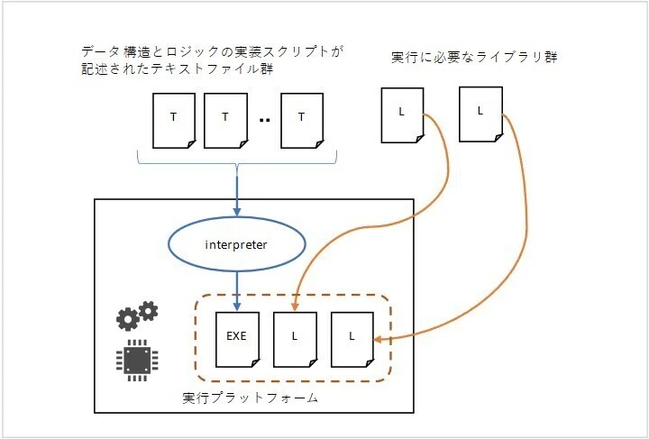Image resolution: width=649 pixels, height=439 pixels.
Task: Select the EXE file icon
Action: [x=238, y=339]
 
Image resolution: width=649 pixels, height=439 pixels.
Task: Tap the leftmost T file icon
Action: [x=174, y=121]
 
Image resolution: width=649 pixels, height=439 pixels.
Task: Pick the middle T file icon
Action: [x=226, y=121]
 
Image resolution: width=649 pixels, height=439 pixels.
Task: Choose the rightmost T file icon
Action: [x=302, y=121]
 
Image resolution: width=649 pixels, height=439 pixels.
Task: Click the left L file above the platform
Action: [x=402, y=115]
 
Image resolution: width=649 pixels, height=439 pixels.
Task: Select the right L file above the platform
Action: [x=481, y=114]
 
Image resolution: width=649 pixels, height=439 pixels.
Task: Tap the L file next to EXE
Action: [x=295, y=339]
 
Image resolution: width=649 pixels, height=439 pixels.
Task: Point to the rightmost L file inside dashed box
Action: [x=352, y=339]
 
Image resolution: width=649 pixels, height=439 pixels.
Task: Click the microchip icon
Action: [x=137, y=361]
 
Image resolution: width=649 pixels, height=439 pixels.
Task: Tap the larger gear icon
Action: [x=127, y=319]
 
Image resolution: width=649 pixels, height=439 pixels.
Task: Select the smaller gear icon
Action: [x=148, y=311]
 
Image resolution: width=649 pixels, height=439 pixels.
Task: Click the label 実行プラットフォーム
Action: [x=250, y=398]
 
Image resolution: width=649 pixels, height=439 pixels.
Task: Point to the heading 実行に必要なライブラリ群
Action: [x=474, y=57]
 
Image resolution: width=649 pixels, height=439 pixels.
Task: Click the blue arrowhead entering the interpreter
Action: [x=237, y=212]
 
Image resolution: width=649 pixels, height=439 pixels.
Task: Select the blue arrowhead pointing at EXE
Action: [x=237, y=306]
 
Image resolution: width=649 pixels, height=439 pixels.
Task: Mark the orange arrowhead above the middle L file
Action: [x=295, y=306]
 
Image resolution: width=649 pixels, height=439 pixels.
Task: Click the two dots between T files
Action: [x=264, y=121]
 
